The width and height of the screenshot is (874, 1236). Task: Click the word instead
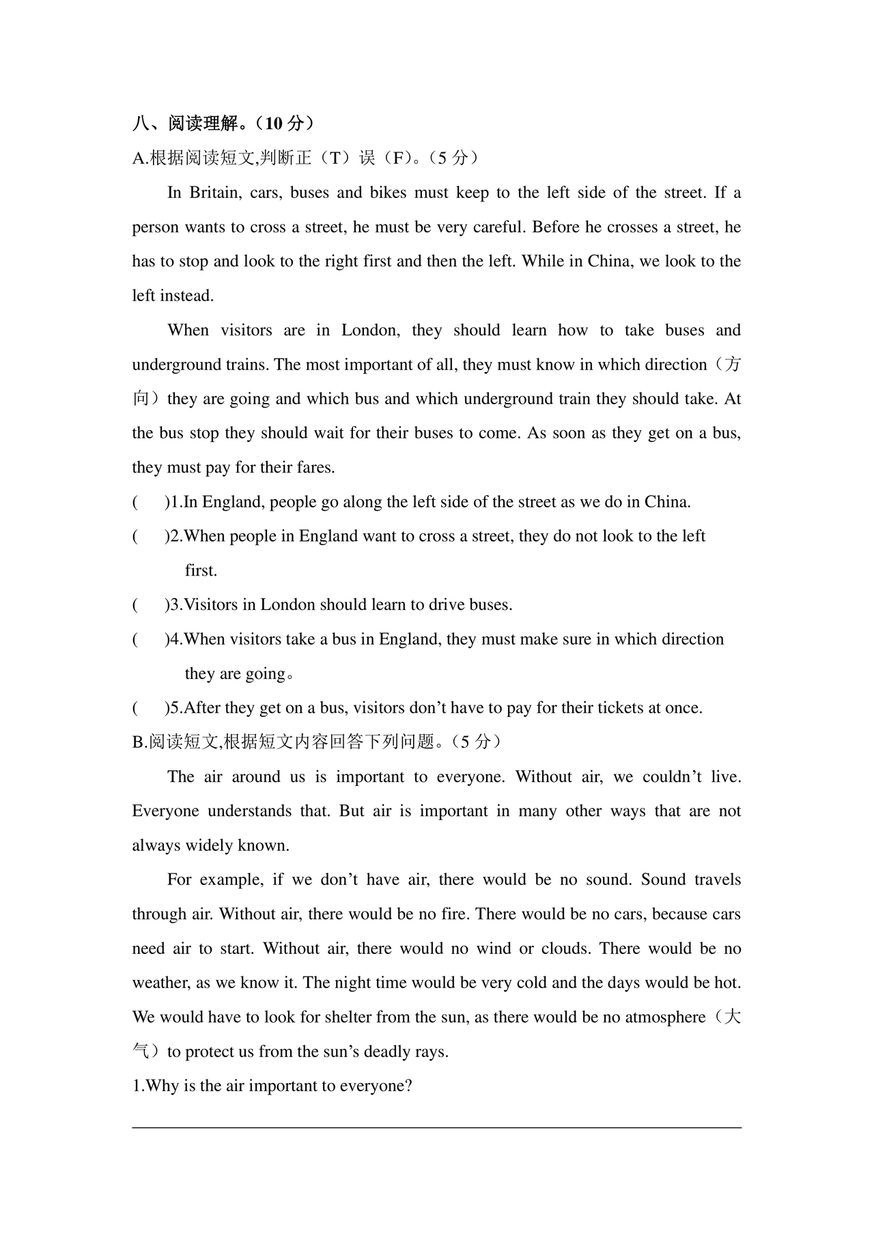tap(187, 296)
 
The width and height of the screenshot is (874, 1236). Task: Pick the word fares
tap(315, 468)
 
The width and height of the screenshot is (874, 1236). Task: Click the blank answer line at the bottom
tap(437, 1127)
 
